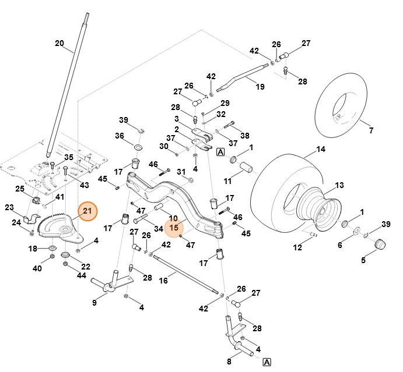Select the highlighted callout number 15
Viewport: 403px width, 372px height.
173,228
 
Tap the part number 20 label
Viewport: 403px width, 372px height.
59,43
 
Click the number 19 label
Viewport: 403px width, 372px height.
260,87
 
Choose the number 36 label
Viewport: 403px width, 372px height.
120,136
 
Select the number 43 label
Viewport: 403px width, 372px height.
85,185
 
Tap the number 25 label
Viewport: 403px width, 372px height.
19,188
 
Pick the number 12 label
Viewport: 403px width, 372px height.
297,248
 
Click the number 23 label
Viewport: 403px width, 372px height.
9,207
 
